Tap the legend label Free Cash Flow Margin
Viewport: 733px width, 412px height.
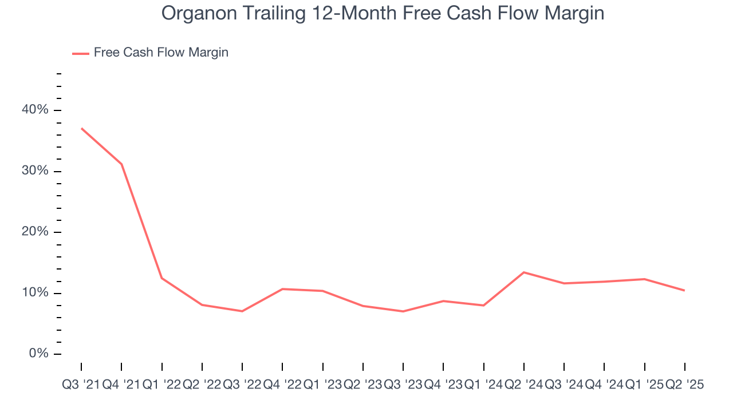click(x=161, y=53)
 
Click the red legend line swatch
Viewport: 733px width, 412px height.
click(x=80, y=53)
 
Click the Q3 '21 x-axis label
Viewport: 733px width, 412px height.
click(x=81, y=385)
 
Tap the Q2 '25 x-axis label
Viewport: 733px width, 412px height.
click(x=684, y=385)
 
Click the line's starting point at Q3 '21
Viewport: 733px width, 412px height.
click(x=81, y=128)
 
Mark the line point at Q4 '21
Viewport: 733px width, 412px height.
click(x=121, y=164)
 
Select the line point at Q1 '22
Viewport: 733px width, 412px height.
click(x=161, y=278)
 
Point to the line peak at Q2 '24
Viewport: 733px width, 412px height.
click(x=524, y=272)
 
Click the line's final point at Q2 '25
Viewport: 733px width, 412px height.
click(x=684, y=291)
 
